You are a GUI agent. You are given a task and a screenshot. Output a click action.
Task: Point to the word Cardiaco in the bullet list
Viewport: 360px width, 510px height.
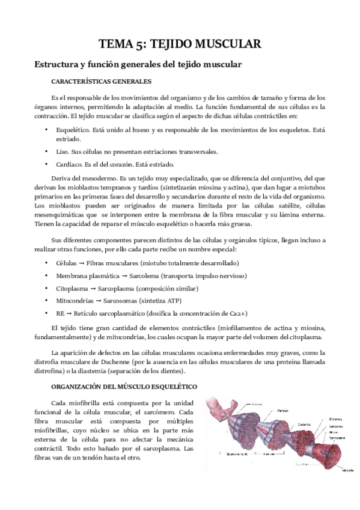pyautogui.click(x=69, y=164)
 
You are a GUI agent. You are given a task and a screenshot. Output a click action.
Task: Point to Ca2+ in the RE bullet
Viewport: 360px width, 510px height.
pyautogui.click(x=239, y=313)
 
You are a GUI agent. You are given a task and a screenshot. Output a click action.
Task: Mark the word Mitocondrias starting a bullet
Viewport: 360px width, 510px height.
pyautogui.click(x=76, y=301)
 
